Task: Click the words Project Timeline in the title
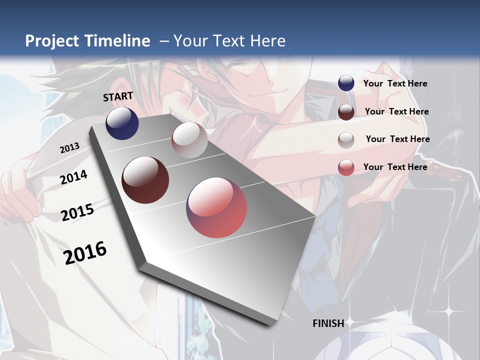coord(87,41)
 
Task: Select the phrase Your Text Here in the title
coord(229,41)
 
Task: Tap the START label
coord(118,96)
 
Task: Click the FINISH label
coord(328,323)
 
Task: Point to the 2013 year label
coord(69,148)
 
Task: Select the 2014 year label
coord(74,177)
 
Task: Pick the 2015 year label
coord(77,212)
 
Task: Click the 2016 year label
coord(85,252)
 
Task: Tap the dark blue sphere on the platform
coord(122,123)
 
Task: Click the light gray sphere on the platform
coord(189,140)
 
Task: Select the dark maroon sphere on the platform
coord(145,180)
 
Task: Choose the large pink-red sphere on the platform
coord(216,207)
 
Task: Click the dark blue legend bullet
coord(346,83)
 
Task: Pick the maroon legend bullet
coord(346,112)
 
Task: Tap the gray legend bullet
coord(346,139)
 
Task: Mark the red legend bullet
coord(346,167)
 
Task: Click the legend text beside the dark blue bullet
coord(395,83)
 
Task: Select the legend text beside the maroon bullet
coord(397,111)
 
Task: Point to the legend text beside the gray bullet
coord(398,139)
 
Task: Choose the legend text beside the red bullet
coord(395,167)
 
